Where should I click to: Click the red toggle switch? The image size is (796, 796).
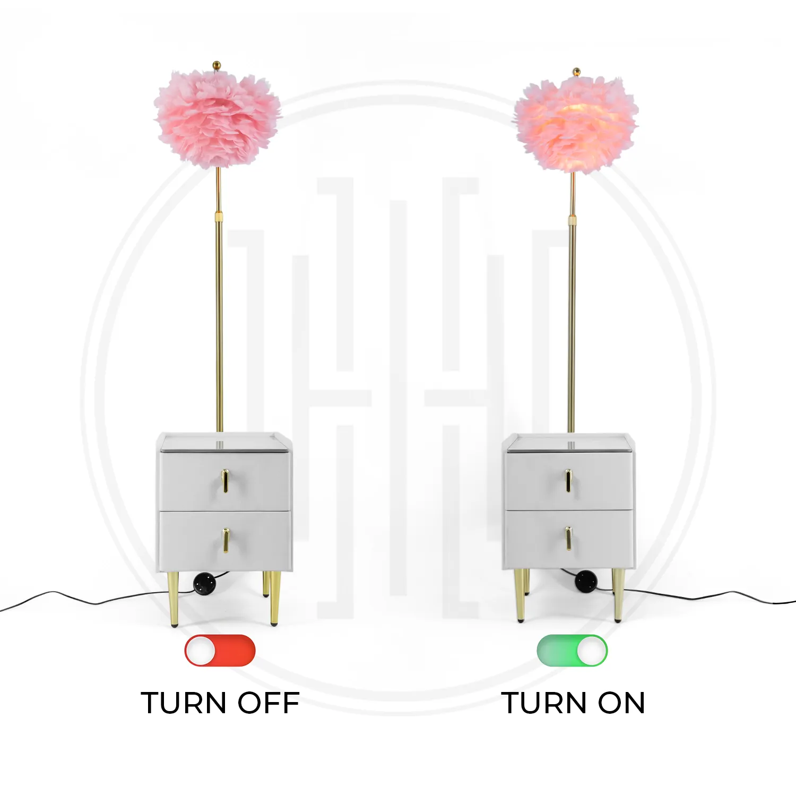pyautogui.click(x=220, y=651)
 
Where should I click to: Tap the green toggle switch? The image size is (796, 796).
pyautogui.click(x=572, y=651)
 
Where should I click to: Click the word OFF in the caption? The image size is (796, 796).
pyautogui.click(x=269, y=703)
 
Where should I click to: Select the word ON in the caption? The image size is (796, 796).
pyautogui.click(x=621, y=703)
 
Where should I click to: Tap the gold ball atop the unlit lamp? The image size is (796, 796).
pyautogui.click(x=217, y=65)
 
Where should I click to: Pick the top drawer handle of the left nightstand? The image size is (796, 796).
pyautogui.click(x=226, y=480)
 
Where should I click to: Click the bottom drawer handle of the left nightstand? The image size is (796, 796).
pyautogui.click(x=226, y=540)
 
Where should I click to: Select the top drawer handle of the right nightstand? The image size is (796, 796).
pyautogui.click(x=568, y=480)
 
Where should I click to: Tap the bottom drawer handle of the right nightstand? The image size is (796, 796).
pyautogui.click(x=568, y=538)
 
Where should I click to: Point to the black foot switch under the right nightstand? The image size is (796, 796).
pyautogui.click(x=586, y=580)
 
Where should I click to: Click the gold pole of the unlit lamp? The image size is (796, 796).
pyautogui.click(x=219, y=300)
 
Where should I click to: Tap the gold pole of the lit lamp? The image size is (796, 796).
pyautogui.click(x=572, y=302)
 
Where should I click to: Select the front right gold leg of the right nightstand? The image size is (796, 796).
pyautogui.click(x=619, y=594)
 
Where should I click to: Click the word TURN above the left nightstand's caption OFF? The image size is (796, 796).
pyautogui.click(x=184, y=703)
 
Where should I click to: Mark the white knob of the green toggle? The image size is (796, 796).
pyautogui.click(x=591, y=651)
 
